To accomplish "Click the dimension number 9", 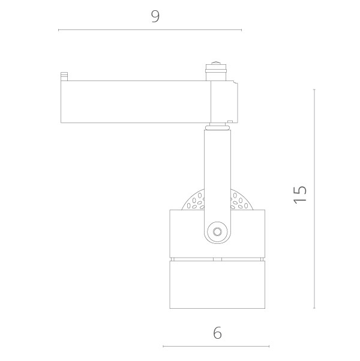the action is (x=155, y=16).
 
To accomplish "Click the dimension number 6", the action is (x=217, y=333).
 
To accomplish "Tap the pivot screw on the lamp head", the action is (x=217, y=232).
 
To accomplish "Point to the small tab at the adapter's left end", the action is (x=64, y=76).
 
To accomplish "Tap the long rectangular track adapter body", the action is (x=136, y=102).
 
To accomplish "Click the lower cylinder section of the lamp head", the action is (x=217, y=285).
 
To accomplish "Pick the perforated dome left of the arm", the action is (x=193, y=201).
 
